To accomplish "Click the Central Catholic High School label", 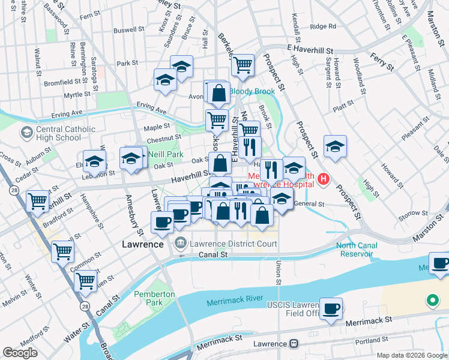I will click(58, 133).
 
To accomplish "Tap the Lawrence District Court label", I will click(233, 244).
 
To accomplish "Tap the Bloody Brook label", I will click(252, 92).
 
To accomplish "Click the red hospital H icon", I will click(324, 179).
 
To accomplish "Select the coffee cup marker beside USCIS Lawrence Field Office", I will click(331, 308).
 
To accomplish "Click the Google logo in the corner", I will click(20, 353).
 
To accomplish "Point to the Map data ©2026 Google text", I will click(411, 355).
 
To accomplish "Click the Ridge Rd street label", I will click(323, 26).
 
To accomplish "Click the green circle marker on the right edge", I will click(432, 299).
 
